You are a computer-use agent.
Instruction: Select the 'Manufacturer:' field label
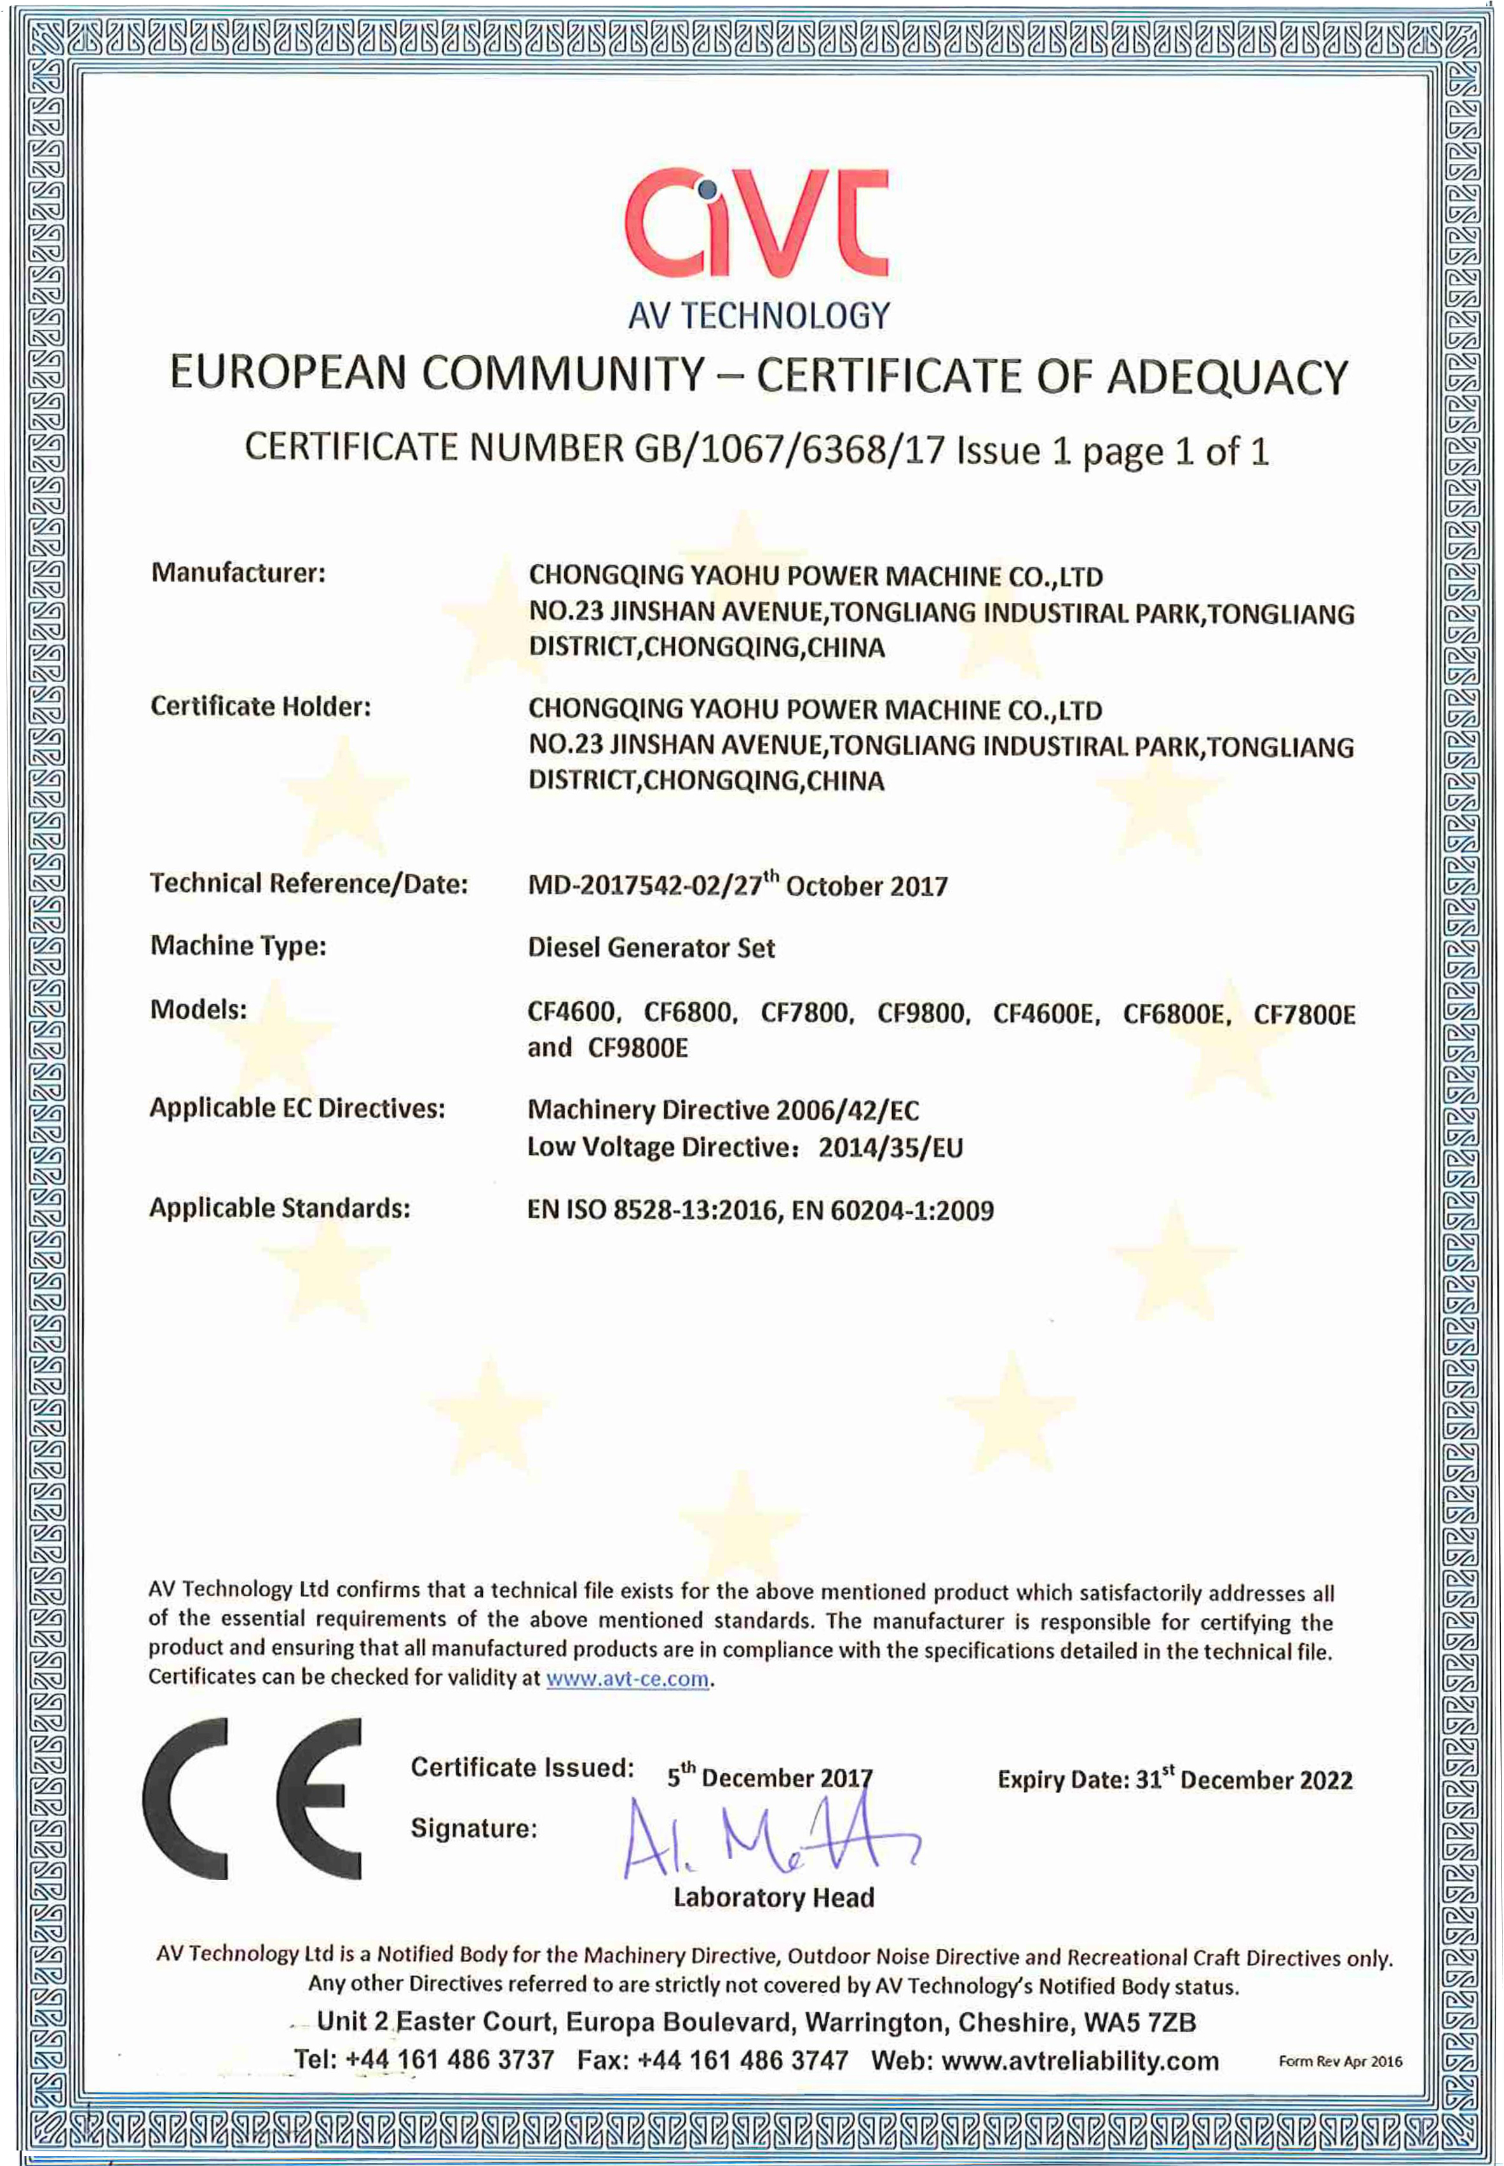238,573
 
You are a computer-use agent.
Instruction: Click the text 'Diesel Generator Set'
651,948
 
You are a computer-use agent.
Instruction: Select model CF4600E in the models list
1045,1014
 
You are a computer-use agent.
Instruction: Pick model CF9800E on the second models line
638,1047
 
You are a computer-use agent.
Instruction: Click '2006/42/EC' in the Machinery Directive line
847,1110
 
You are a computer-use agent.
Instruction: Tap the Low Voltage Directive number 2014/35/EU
891,1148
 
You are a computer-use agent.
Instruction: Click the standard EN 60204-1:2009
892,1211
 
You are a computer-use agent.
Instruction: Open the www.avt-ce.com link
628,1678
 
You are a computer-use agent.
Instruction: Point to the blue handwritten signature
768,1837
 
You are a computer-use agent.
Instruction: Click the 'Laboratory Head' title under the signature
774,1897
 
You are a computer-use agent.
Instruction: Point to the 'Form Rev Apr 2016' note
1339,2061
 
